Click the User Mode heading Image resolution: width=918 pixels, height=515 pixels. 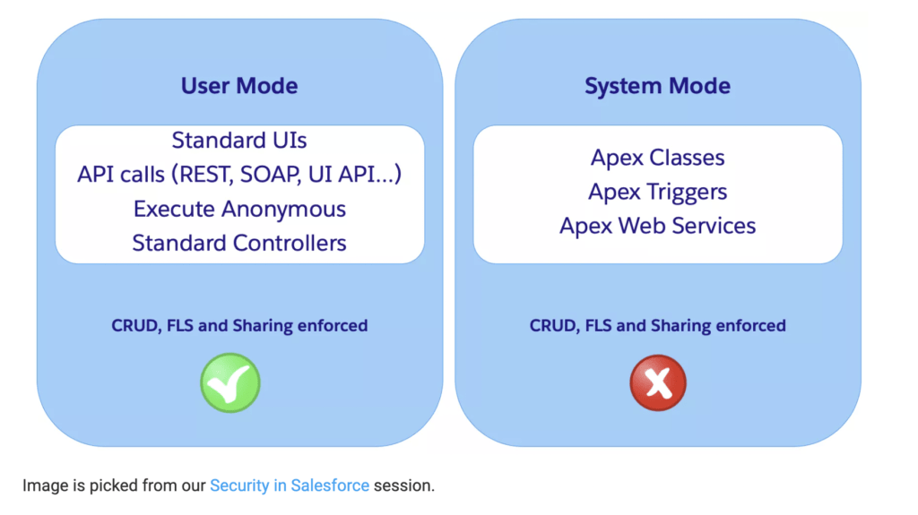[239, 86]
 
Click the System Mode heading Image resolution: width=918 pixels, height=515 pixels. [657, 86]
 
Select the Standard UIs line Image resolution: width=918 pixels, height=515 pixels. [239, 141]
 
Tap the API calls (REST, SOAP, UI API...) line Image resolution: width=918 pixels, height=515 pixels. [239, 175]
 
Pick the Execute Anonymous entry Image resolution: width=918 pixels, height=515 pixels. [239, 209]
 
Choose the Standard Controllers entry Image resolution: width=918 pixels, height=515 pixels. [239, 243]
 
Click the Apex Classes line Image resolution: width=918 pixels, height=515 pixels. [657, 158]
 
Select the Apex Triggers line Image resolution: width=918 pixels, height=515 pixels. [657, 192]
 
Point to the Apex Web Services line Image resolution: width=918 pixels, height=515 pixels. [657, 226]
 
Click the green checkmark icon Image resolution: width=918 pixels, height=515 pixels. [229, 382]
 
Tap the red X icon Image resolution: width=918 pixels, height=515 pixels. [658, 382]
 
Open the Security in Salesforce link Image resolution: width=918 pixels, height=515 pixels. [289, 485]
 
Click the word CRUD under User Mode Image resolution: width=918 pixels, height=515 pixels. [134, 326]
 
